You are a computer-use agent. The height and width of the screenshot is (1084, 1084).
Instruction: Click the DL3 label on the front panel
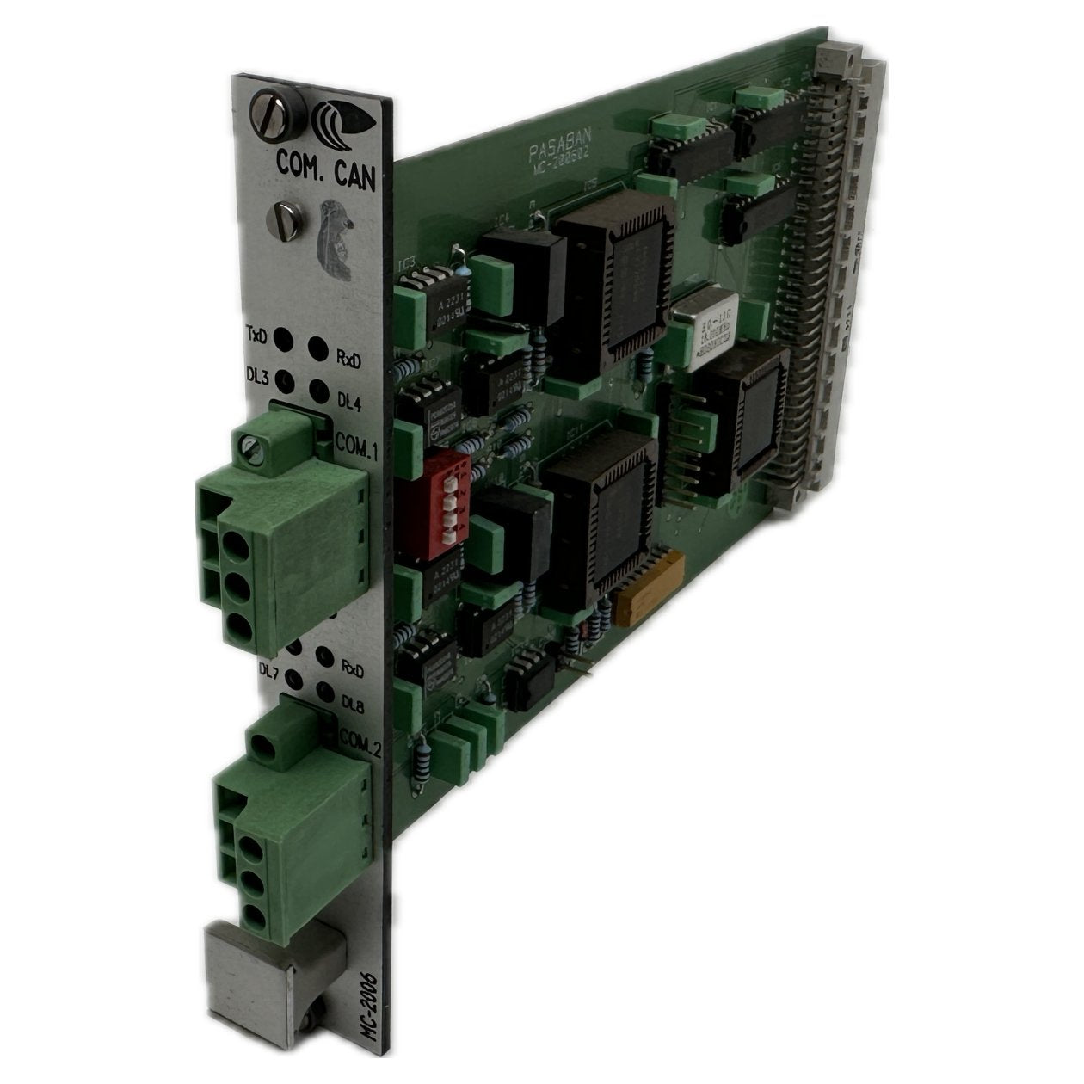tap(256, 376)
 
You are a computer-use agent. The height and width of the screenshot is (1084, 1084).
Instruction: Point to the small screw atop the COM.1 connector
tap(251, 445)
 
